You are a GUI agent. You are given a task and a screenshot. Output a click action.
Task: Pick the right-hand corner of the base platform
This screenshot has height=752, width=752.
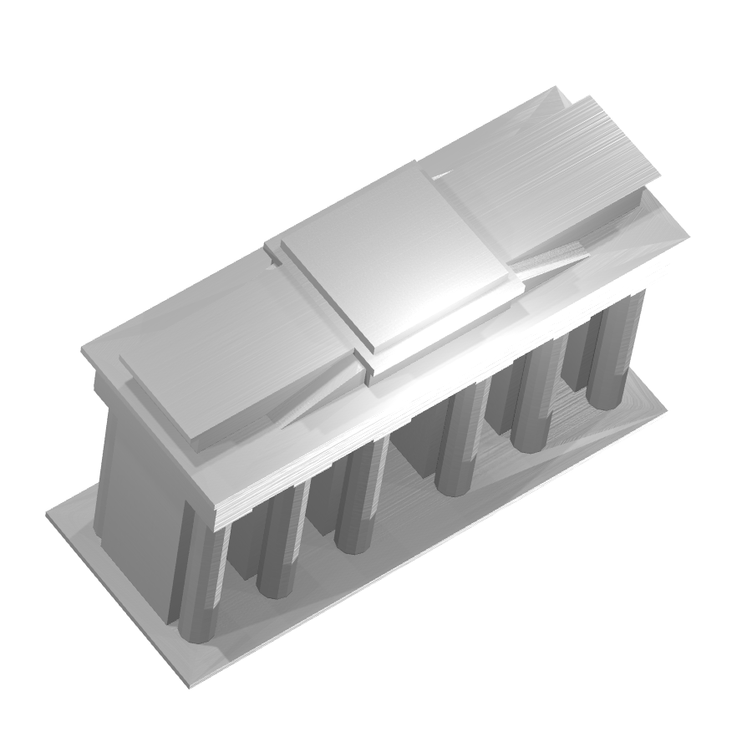665,409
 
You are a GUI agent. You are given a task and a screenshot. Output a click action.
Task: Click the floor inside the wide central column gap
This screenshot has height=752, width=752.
409,501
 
